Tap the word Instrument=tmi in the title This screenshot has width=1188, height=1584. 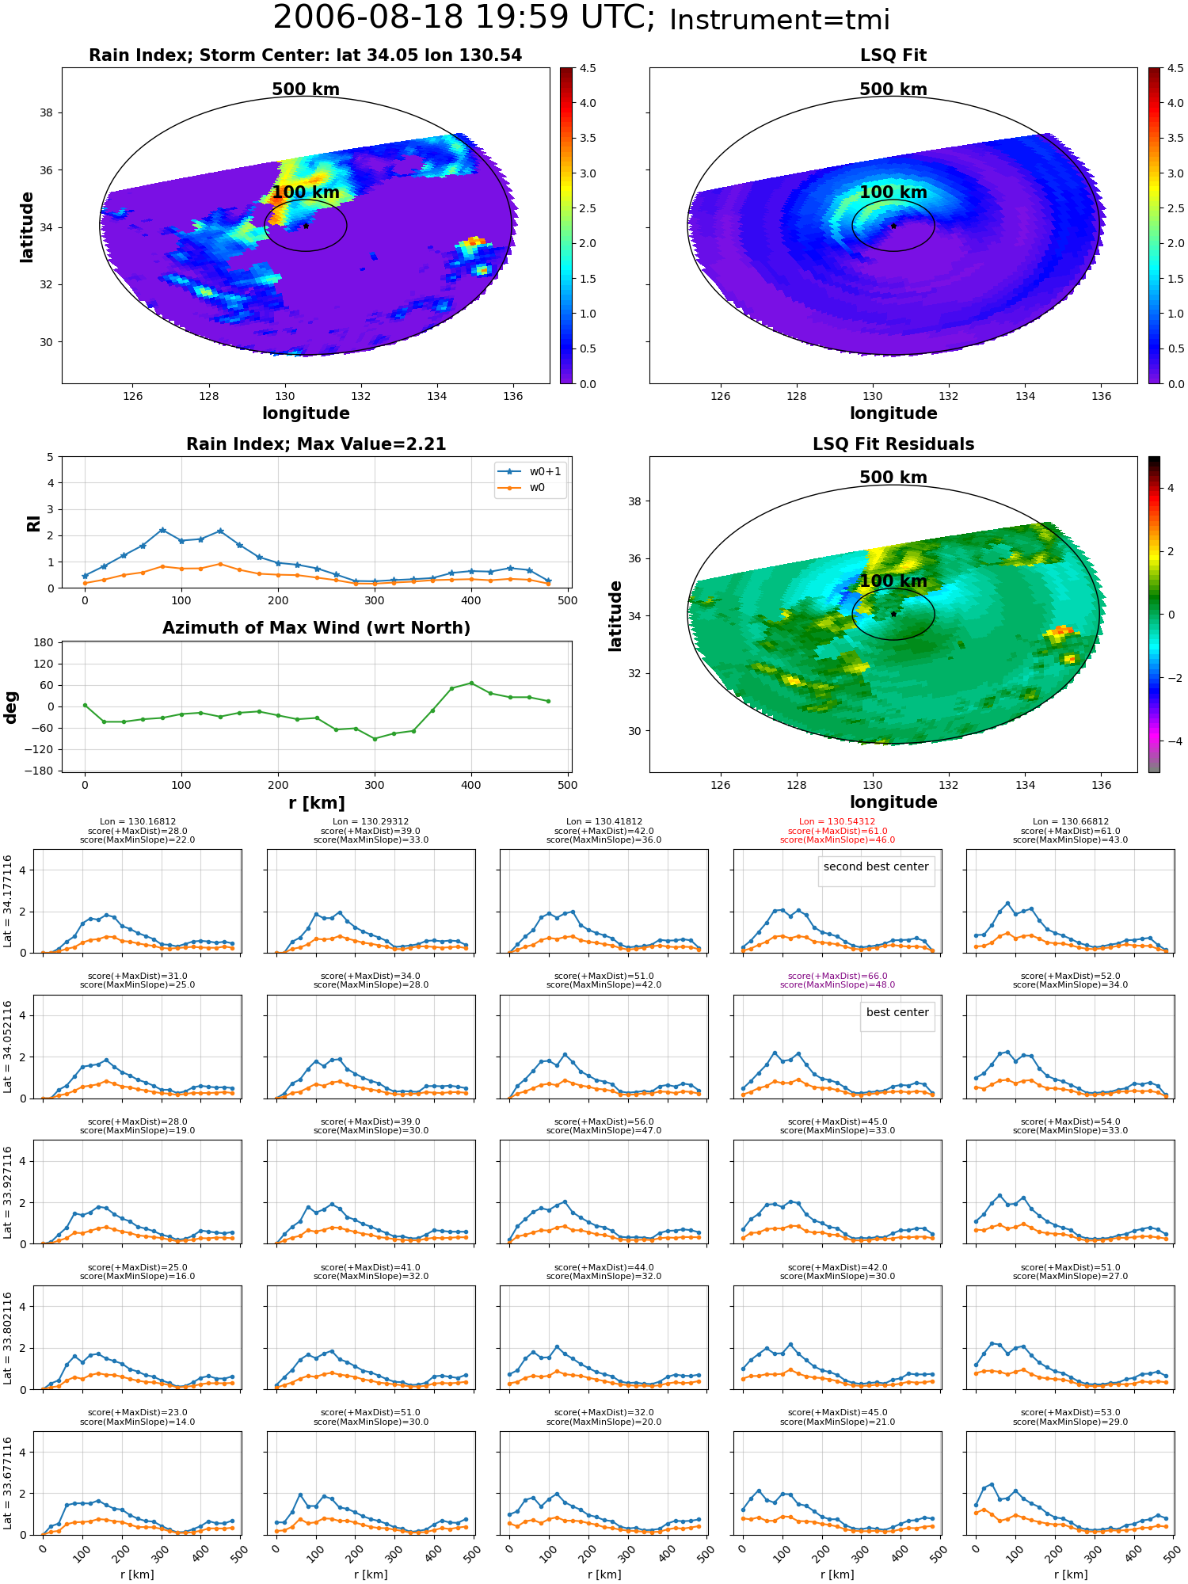779,20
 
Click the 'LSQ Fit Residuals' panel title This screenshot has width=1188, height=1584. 893,444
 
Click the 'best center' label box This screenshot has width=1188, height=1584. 897,1013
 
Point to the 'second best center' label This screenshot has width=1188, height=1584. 876,867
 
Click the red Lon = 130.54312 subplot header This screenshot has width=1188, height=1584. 837,822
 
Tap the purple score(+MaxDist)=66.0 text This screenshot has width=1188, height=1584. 837,977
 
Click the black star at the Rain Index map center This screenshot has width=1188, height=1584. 306,226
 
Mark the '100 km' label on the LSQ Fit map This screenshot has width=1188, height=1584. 893,192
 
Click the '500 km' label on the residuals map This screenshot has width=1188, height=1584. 893,478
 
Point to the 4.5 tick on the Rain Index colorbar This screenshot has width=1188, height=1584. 588,68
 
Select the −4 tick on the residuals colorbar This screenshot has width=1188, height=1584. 1171,741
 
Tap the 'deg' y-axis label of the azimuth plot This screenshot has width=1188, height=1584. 11,706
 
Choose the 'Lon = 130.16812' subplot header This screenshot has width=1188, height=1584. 138,822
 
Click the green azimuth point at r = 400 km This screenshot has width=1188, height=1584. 471,683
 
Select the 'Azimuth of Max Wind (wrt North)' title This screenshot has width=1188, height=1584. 316,628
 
